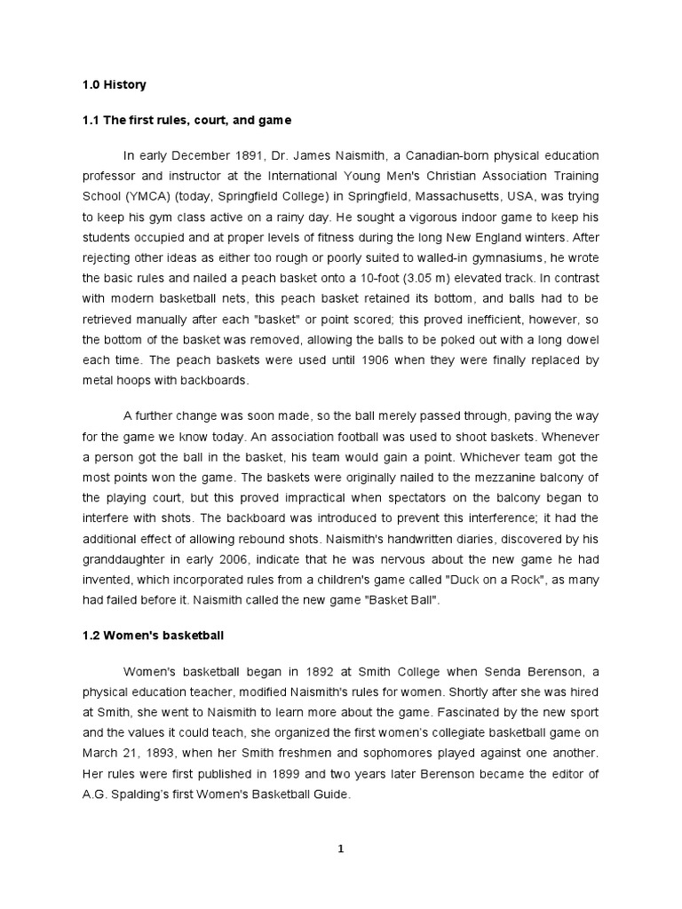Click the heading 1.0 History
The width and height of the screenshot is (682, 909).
click(x=114, y=86)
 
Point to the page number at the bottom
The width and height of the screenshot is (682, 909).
click(x=340, y=849)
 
